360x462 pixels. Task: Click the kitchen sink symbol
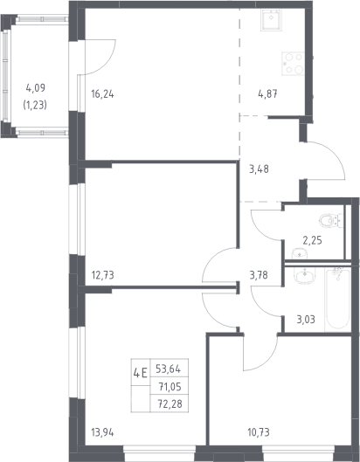271,20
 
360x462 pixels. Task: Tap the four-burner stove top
293,64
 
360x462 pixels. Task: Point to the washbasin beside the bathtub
305,275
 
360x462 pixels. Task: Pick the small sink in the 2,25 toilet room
300,253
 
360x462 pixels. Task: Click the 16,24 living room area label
102,94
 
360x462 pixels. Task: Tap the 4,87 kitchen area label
267,94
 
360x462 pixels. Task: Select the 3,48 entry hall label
259,169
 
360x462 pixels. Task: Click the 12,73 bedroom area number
102,275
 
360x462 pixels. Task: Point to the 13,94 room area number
102,433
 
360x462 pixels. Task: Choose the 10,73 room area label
259,433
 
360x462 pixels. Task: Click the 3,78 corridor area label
259,275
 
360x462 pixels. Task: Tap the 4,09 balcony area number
35,88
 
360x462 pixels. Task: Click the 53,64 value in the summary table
168,369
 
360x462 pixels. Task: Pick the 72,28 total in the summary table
170,403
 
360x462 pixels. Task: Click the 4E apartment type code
141,374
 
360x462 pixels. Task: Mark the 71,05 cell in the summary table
170,386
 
